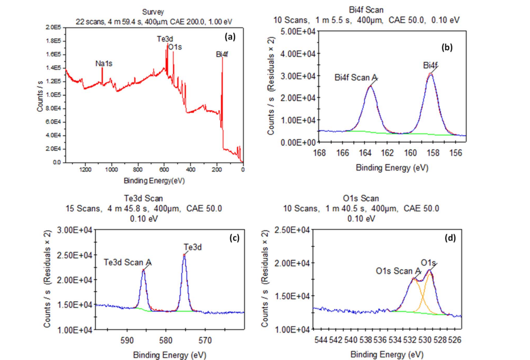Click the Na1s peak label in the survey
click(x=104, y=64)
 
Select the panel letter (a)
click(x=230, y=37)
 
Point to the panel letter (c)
click(x=234, y=238)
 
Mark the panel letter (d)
click(x=451, y=238)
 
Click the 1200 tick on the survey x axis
click(x=85, y=169)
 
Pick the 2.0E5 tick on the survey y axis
click(x=54, y=27)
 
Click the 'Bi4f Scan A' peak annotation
click(x=356, y=78)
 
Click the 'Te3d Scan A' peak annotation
click(x=128, y=262)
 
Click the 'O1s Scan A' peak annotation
click(x=398, y=271)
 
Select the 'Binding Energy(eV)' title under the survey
click(x=154, y=181)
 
